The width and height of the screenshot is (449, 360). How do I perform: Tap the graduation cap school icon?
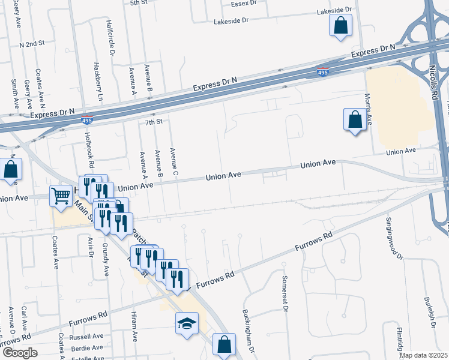(x=187, y=323)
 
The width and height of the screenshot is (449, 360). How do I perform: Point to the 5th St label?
(x=139, y=3)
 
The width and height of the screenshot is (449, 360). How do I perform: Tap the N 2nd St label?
(x=32, y=44)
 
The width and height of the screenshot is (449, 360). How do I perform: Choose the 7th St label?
(x=154, y=122)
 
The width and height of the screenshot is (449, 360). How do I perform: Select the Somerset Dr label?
(x=286, y=293)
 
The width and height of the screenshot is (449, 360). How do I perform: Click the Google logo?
(x=19, y=353)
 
